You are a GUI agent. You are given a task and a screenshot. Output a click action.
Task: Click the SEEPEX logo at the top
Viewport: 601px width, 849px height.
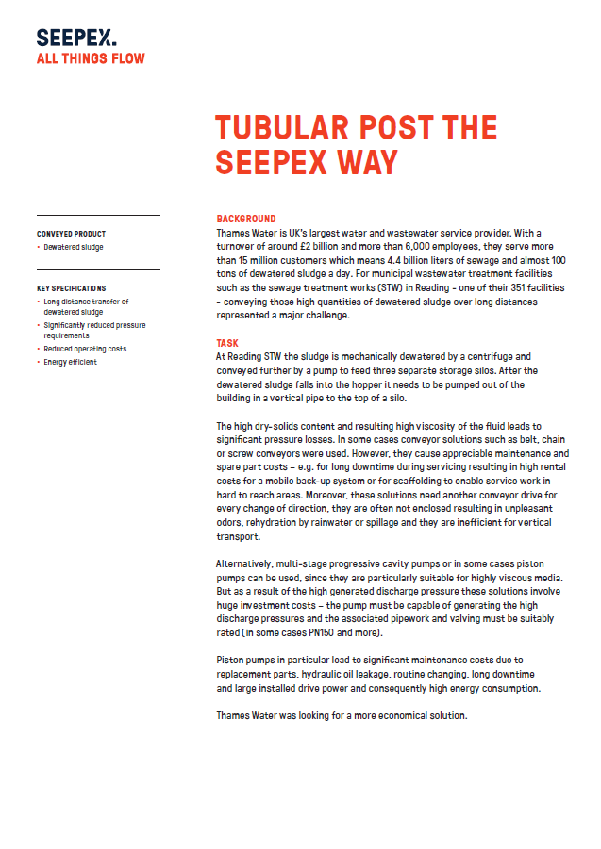click(x=76, y=38)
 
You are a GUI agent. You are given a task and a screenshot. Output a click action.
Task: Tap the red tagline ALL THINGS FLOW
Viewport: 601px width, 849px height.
click(x=91, y=58)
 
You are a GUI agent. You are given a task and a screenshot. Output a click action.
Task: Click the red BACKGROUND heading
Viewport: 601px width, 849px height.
click(x=246, y=218)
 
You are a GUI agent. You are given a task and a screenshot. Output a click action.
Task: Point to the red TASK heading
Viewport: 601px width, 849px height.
click(x=227, y=344)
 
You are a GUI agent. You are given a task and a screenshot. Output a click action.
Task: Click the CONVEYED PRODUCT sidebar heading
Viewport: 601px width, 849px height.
click(x=72, y=234)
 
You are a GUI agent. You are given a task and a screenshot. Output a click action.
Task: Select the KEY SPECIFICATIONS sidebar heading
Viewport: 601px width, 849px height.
click(x=72, y=288)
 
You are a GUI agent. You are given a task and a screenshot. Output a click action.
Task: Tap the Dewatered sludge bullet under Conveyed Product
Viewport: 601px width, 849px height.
click(x=74, y=247)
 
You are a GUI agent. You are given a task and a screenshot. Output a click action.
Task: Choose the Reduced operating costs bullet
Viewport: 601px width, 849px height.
click(x=85, y=349)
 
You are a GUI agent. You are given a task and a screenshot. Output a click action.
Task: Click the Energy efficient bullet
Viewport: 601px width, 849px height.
click(x=70, y=362)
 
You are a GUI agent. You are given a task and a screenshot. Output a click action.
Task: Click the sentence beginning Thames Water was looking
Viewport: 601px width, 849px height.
click(x=342, y=716)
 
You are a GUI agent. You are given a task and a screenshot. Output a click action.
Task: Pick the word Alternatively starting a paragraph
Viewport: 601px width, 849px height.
click(x=246, y=563)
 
